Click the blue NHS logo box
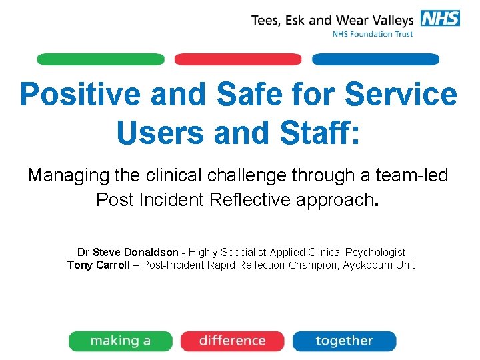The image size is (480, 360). click(439, 18)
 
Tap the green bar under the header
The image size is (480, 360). click(100, 59)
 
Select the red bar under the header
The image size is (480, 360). click(237, 59)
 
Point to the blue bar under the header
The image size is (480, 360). click(375, 59)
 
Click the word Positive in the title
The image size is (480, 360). click(80, 95)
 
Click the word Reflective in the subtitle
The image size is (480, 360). click(239, 199)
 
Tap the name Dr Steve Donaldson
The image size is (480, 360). click(127, 252)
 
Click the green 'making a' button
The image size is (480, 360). click(121, 341)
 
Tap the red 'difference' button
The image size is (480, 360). click(232, 341)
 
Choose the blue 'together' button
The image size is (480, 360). click(344, 341)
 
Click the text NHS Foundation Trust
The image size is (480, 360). click(373, 34)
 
